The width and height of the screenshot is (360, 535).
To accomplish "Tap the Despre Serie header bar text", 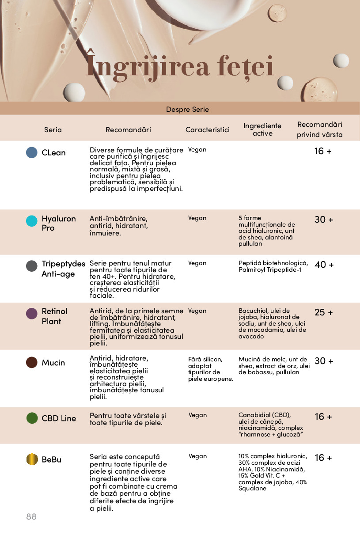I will pyautogui.click(x=187, y=109).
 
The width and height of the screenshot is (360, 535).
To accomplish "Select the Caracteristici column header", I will pyautogui.click(x=208, y=130).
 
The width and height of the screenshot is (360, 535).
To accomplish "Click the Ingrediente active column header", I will pyautogui.click(x=262, y=129).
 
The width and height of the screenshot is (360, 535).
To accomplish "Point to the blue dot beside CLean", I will pyautogui.click(x=32, y=152).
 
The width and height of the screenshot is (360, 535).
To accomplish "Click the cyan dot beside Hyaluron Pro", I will pyautogui.click(x=32, y=221).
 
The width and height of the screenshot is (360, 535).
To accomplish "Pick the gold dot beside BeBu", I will pyautogui.click(x=32, y=459).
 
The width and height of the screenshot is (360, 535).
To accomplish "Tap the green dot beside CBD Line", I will pyautogui.click(x=32, y=418).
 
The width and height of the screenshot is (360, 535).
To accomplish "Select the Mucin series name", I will pyautogui.click(x=53, y=363).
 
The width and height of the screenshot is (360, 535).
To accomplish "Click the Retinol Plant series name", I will pyautogui.click(x=54, y=316).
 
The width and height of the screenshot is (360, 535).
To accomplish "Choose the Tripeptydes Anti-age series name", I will pyautogui.click(x=63, y=269).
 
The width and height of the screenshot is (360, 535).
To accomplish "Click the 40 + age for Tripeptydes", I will pyautogui.click(x=324, y=265).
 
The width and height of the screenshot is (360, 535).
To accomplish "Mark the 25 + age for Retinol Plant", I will pyautogui.click(x=324, y=312).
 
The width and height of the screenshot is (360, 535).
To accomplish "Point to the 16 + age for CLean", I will pyautogui.click(x=323, y=151).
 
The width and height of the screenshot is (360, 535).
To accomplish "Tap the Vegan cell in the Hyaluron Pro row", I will pyautogui.click(x=197, y=218).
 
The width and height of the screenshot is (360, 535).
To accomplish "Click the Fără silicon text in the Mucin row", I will pyautogui.click(x=205, y=359).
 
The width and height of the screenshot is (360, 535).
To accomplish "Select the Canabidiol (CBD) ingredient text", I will pyautogui.click(x=265, y=415).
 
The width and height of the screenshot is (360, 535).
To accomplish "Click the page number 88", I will pyautogui.click(x=31, y=516).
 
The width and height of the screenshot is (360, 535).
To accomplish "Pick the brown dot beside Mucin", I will pyautogui.click(x=32, y=362).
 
